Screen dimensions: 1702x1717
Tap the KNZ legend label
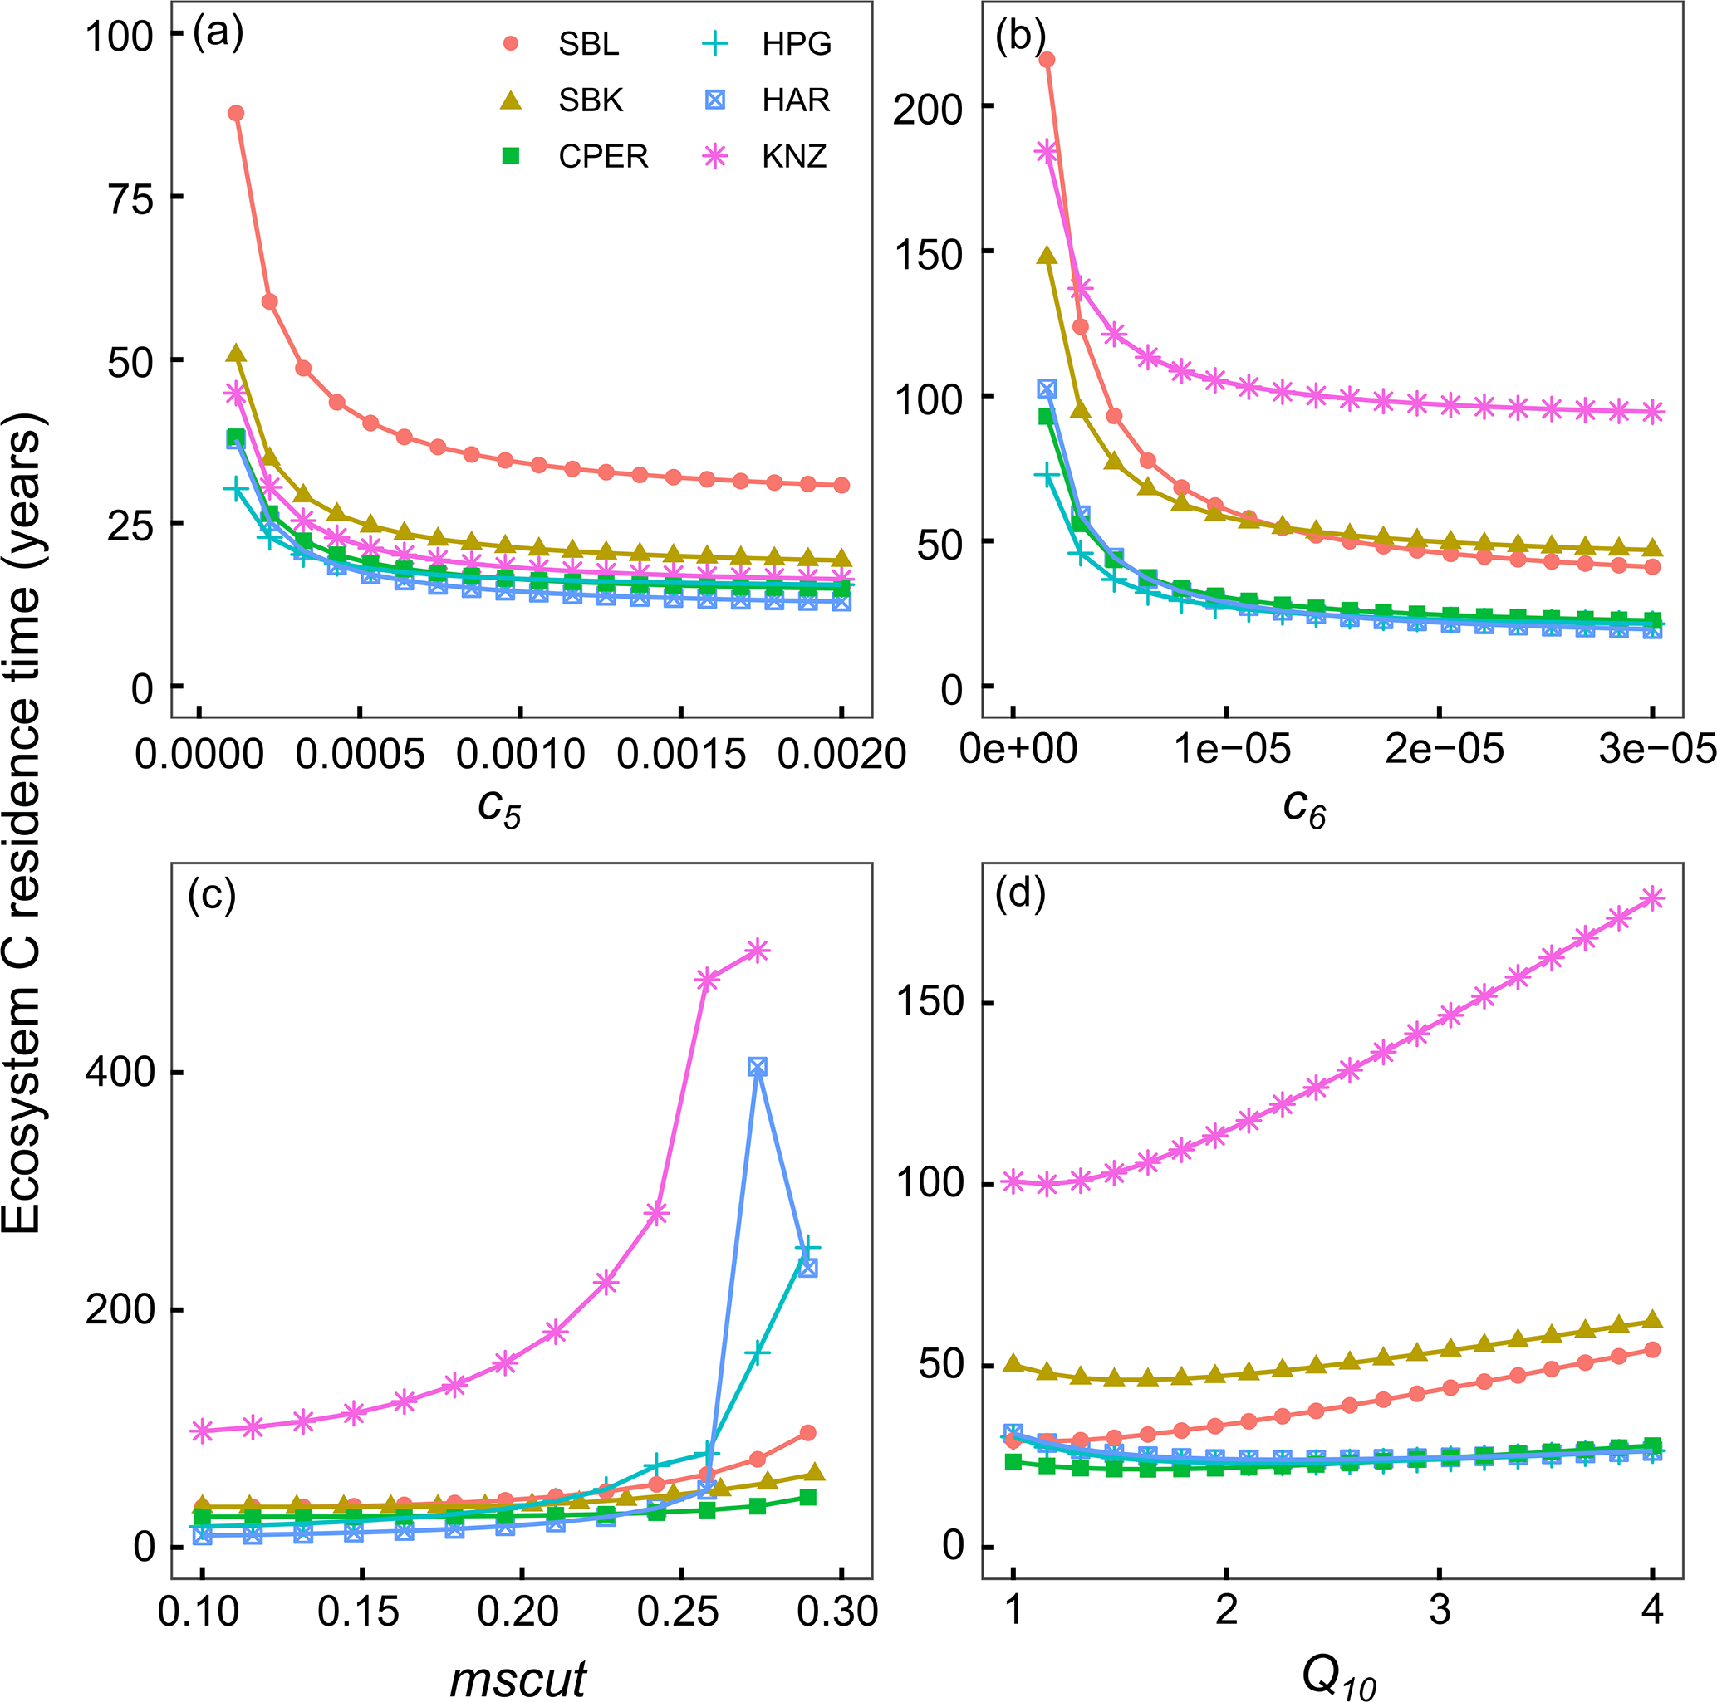click(x=793, y=156)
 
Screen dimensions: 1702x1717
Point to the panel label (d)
click(x=1020, y=894)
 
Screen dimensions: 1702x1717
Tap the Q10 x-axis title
click(x=1338, y=1678)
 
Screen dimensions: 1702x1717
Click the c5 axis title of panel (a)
click(x=498, y=808)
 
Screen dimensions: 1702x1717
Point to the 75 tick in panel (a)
click(x=132, y=198)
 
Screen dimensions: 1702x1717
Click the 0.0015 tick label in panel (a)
click(x=682, y=754)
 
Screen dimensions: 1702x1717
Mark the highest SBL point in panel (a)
click(x=236, y=113)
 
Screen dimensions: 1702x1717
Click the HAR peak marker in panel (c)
click(x=758, y=1067)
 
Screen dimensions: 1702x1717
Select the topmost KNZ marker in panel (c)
click(x=758, y=951)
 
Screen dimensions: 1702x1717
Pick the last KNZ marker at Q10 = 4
click(x=1652, y=898)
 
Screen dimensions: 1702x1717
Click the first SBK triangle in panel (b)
click(x=1047, y=256)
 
